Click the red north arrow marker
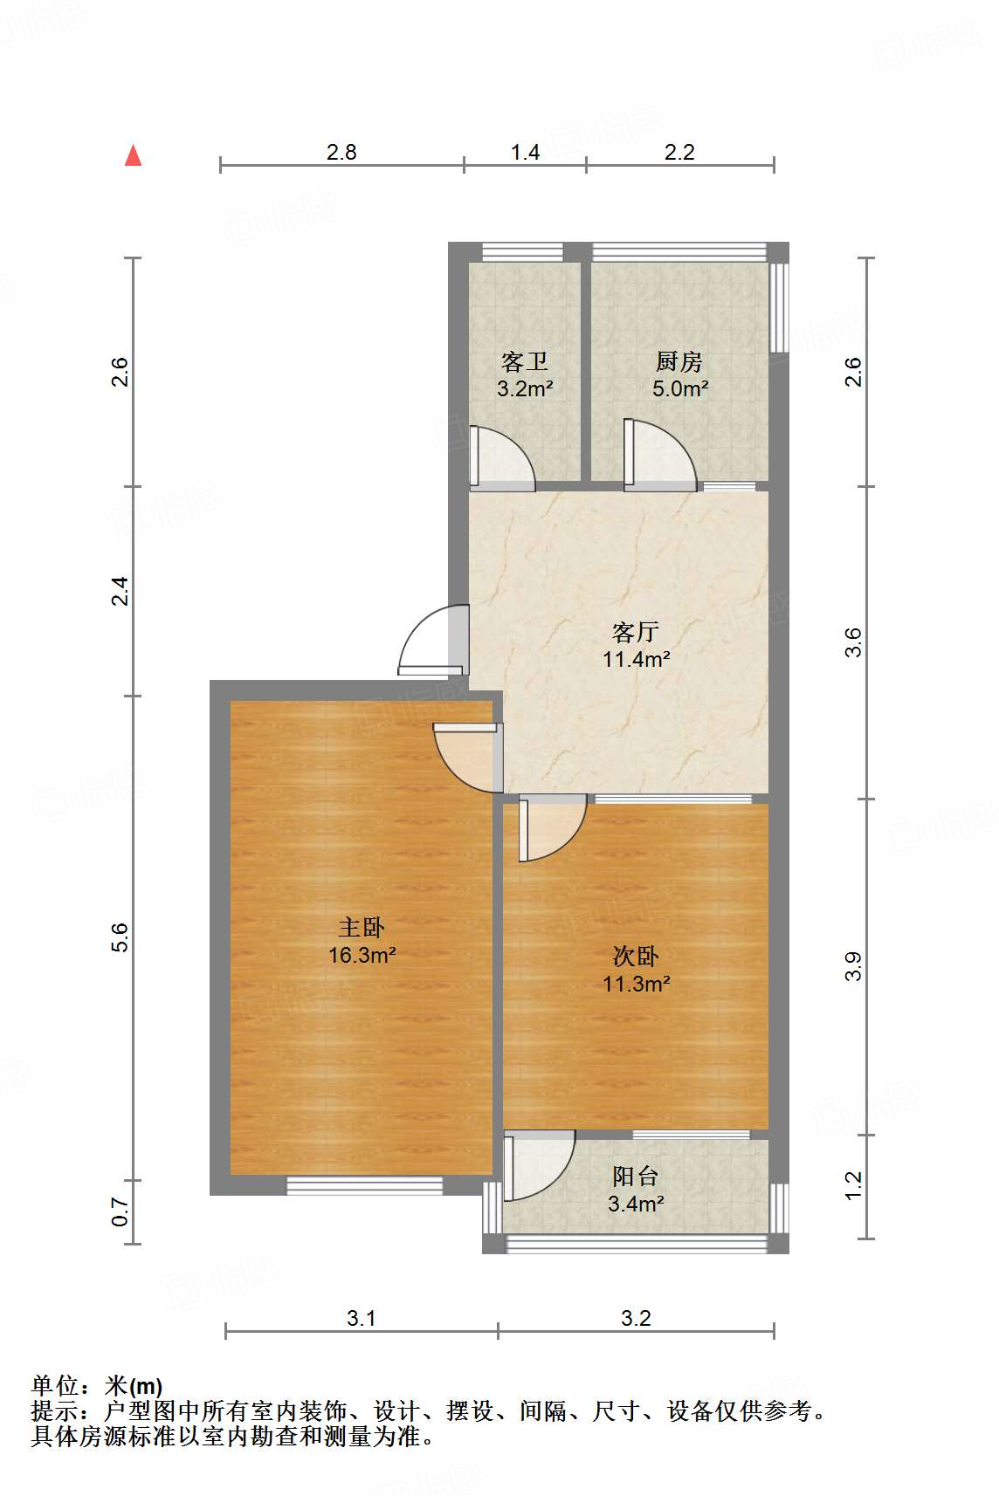pos(133,155)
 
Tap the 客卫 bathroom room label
pos(525,361)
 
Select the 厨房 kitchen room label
pos(679,361)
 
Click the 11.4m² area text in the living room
pos(636,660)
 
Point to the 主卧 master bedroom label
pos(362,928)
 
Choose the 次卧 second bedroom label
pos(636,957)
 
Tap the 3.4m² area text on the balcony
pos(636,1204)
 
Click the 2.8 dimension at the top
pos(341,152)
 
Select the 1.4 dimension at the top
pos(525,152)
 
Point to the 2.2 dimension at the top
pos(679,152)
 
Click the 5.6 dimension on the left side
pos(121,937)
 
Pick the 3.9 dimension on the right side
pos(853,965)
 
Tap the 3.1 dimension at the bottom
pos(361,1318)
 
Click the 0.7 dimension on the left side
pos(121,1211)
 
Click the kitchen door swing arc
pos(661,454)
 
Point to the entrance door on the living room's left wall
pos(428,642)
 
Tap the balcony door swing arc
pos(541,1166)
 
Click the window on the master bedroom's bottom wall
pos(365,1185)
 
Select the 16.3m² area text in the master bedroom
pos(362,956)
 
